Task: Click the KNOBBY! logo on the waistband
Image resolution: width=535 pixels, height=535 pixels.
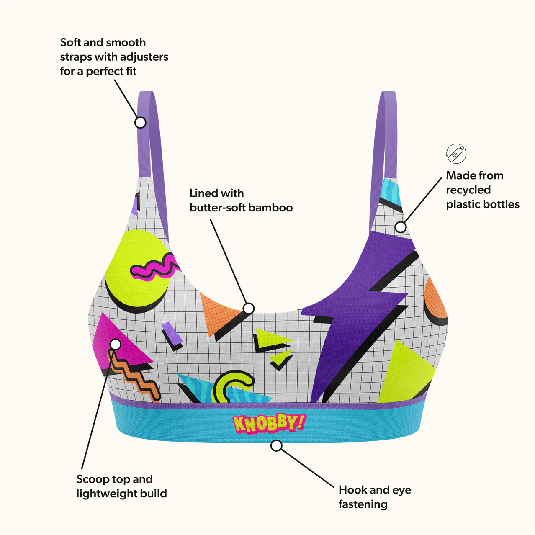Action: (269, 424)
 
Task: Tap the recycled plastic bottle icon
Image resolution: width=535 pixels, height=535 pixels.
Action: (456, 154)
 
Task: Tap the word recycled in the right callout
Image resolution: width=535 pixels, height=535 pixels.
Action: (468, 190)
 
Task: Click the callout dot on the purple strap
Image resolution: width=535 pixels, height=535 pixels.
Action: (140, 122)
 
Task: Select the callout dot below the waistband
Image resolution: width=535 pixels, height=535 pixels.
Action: (276, 445)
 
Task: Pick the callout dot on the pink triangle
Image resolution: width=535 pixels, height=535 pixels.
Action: (116, 344)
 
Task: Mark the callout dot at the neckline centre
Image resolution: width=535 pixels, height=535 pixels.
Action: (249, 308)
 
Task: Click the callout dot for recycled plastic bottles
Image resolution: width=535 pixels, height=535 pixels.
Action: (400, 227)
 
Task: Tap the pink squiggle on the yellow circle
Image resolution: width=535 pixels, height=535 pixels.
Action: (154, 267)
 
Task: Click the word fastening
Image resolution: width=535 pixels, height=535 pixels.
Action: (363, 504)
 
